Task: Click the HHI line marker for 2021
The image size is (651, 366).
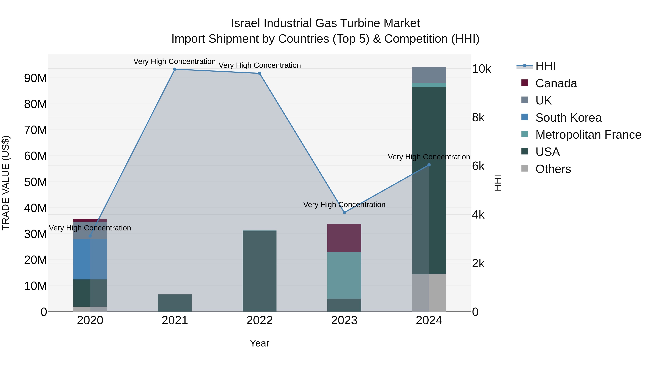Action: (175, 69)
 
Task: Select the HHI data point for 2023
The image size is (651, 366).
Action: (344, 213)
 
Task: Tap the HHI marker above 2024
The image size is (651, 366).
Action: (429, 165)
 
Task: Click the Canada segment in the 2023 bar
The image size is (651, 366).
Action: (344, 238)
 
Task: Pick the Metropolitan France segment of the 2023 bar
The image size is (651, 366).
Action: (344, 275)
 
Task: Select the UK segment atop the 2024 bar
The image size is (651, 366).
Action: (429, 75)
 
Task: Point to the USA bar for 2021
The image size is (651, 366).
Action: (175, 303)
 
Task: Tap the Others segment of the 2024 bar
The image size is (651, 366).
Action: (429, 293)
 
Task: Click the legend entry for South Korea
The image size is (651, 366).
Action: (568, 118)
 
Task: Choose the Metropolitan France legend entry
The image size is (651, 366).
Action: (588, 135)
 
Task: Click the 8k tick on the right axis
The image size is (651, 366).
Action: (478, 118)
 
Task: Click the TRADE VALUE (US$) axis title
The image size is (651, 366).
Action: (6, 183)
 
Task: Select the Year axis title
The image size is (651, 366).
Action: (259, 344)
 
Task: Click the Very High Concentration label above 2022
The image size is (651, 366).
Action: (259, 65)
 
